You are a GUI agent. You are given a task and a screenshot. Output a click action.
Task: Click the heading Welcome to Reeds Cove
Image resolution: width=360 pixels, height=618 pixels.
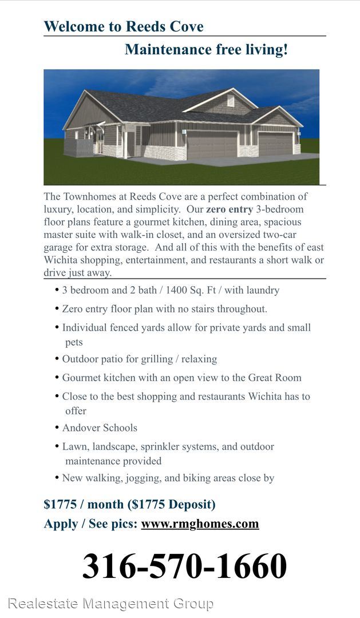click(x=124, y=27)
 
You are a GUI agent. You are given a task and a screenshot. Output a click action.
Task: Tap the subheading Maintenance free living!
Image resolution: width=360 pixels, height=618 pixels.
click(x=206, y=50)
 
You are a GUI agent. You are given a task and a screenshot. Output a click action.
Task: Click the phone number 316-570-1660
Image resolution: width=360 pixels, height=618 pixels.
click(x=184, y=566)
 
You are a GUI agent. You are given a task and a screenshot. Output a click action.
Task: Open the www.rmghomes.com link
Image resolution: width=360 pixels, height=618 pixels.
click(x=200, y=524)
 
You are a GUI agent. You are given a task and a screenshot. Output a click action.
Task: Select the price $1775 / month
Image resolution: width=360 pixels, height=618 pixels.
click(x=84, y=505)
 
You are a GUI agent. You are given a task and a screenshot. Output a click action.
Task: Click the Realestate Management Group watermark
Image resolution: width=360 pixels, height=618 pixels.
click(x=110, y=603)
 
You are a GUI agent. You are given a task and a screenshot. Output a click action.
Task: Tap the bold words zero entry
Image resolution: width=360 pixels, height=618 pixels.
click(x=229, y=209)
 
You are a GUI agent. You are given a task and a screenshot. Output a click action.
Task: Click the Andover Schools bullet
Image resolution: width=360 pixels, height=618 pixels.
click(x=100, y=428)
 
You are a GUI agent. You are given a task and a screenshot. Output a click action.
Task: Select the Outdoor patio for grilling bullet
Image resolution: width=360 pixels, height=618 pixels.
click(x=139, y=359)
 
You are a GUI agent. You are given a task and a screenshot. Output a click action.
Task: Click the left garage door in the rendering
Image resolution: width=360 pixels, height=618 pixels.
click(x=212, y=145)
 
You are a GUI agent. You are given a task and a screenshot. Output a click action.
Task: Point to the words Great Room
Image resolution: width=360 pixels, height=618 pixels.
click(x=274, y=378)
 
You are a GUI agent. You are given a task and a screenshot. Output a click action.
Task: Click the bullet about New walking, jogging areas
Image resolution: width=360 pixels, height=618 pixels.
click(x=168, y=478)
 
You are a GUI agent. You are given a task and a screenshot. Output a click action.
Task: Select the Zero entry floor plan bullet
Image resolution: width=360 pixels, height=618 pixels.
click(x=164, y=309)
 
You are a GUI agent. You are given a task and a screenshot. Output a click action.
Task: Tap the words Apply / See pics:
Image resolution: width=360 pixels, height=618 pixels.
click(x=90, y=524)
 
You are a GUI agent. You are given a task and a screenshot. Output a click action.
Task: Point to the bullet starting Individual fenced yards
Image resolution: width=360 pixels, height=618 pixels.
click(x=186, y=328)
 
